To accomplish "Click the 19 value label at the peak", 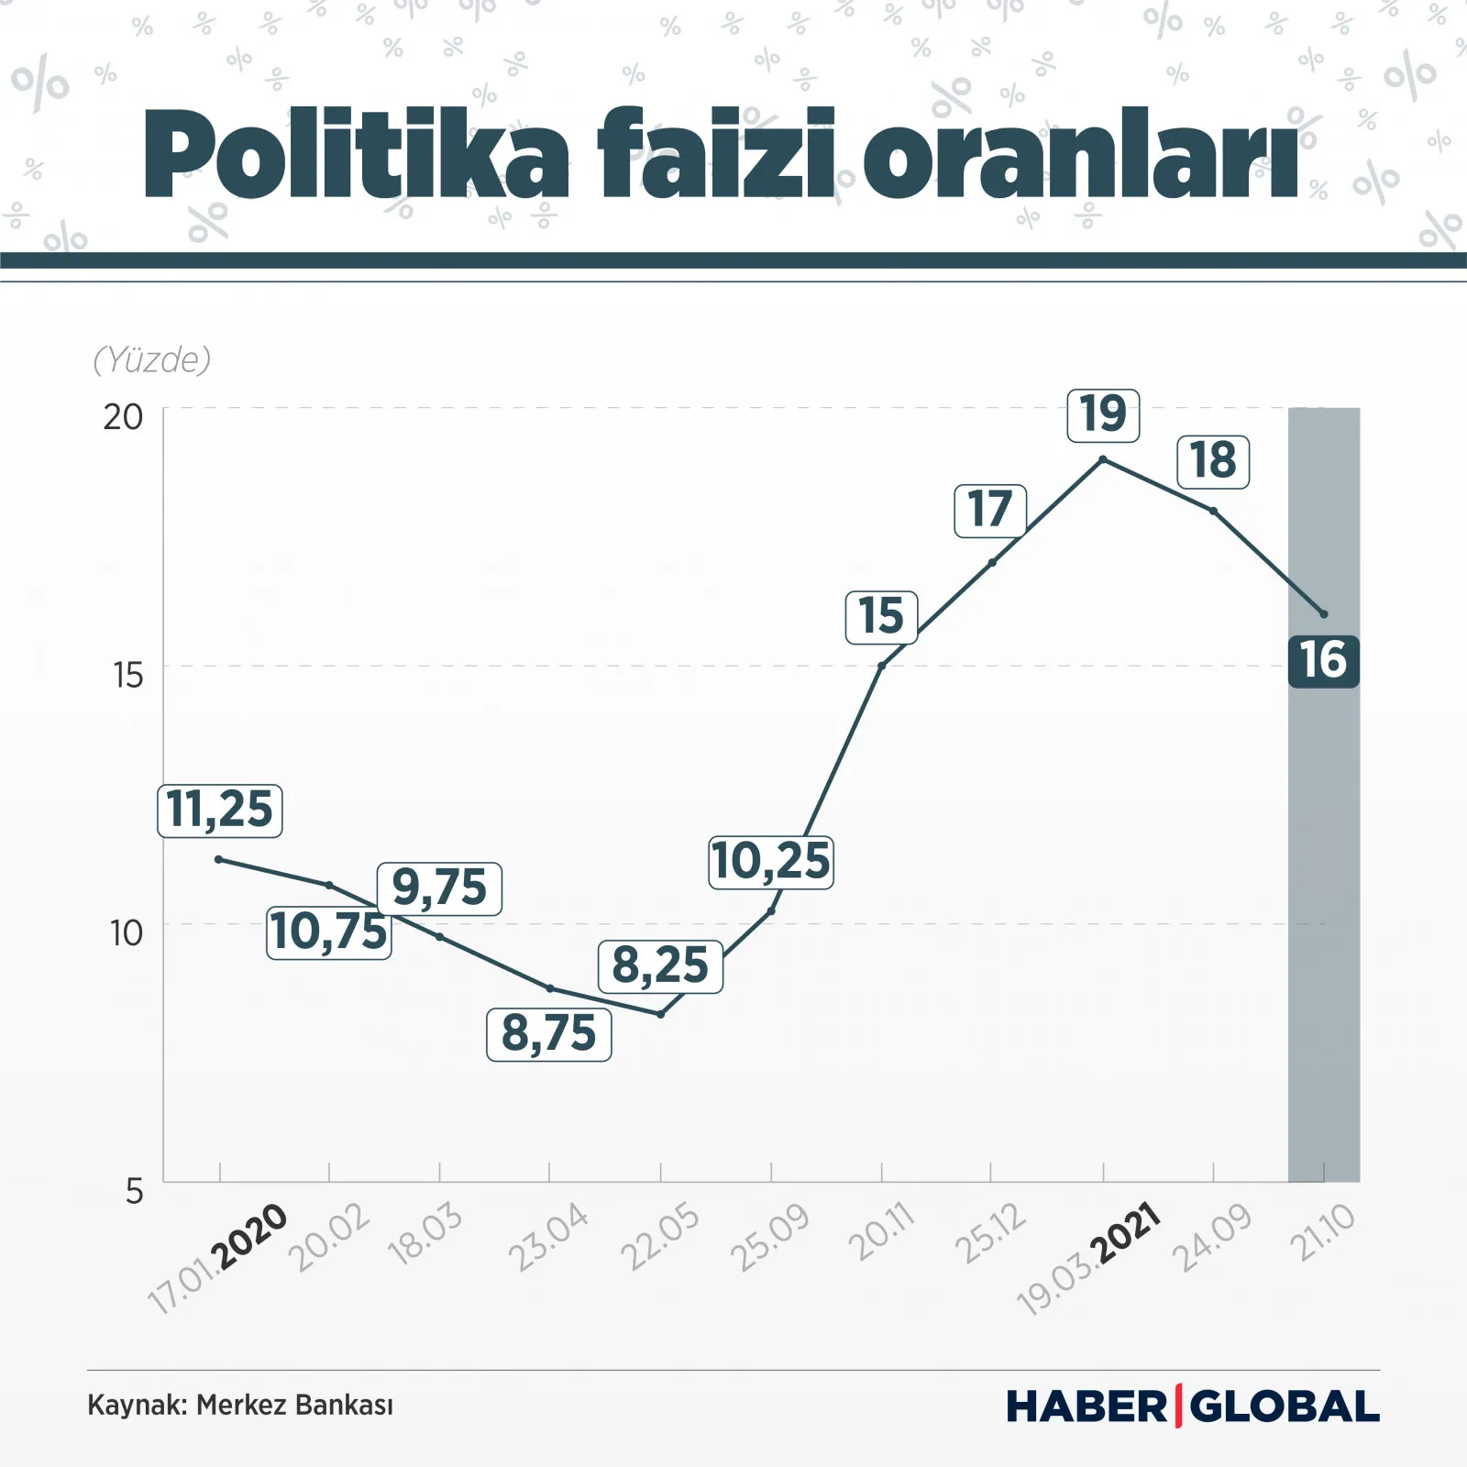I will [1103, 414].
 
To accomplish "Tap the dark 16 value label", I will [1323, 661].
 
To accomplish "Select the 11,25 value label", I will [220, 811].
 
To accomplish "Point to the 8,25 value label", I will [660, 966].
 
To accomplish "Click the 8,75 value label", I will [548, 1034].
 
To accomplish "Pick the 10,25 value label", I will [770, 862].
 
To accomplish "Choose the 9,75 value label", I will [439, 888].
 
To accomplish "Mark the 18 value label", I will [1213, 461].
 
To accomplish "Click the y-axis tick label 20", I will [123, 418].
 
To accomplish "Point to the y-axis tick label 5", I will [135, 1192].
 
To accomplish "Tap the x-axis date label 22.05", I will [660, 1238].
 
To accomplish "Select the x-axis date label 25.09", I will [770, 1238].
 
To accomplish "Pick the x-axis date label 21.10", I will [1323, 1233].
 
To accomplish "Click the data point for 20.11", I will [881, 666].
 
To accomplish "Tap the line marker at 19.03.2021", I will [1103, 458].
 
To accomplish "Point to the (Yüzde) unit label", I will [152, 360].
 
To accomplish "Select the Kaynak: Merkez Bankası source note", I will [240, 1406].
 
